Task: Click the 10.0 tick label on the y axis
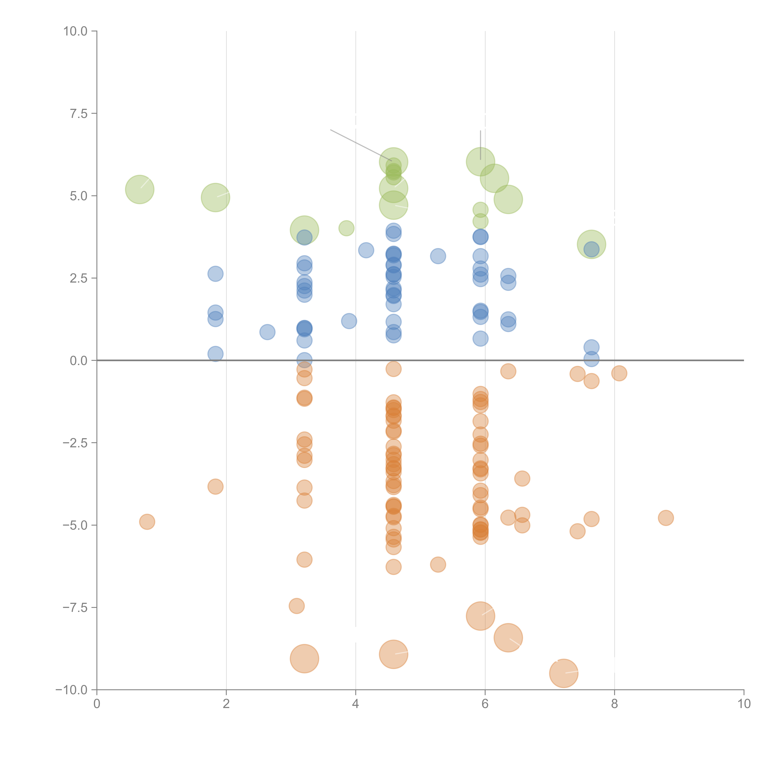[x=75, y=31]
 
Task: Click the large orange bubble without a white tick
[x=304, y=659]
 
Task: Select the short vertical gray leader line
[x=480, y=144]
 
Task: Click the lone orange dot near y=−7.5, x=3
[x=297, y=606]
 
